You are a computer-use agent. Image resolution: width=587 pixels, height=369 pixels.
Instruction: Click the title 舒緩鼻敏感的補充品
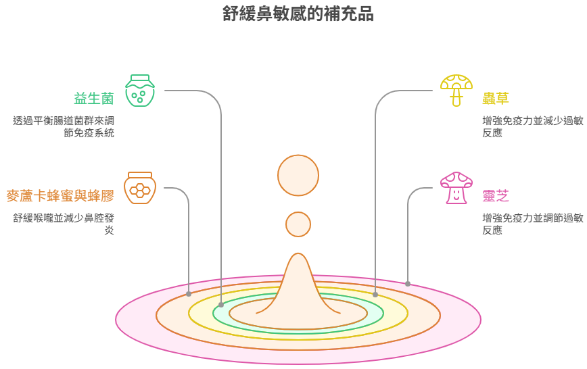click(298, 14)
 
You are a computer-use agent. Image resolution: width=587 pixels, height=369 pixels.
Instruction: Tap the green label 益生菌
click(93, 99)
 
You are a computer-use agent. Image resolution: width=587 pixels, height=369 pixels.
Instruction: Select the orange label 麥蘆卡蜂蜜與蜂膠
click(60, 196)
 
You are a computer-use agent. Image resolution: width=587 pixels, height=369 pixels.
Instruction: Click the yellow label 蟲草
click(495, 99)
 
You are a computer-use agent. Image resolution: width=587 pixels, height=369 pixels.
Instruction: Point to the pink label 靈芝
click(495, 196)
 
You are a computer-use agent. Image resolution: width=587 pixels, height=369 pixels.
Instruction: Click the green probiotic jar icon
click(139, 91)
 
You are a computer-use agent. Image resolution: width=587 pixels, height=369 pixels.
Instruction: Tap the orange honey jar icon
click(139, 188)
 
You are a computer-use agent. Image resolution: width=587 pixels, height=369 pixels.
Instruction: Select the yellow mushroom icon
click(456, 91)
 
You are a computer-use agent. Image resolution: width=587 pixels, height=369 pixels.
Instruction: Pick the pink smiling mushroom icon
click(456, 188)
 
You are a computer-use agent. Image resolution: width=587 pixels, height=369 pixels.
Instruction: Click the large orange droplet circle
click(298, 175)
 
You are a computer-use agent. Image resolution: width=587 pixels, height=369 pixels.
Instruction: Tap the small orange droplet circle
click(298, 224)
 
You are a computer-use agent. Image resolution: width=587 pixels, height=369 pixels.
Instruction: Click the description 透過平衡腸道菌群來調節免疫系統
click(64, 127)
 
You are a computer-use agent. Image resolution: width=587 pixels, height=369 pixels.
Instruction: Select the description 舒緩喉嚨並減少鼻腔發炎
click(64, 224)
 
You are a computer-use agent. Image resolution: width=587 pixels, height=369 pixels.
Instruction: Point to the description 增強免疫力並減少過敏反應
click(533, 127)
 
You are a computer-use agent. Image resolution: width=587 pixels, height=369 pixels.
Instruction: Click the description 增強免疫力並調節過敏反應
click(533, 224)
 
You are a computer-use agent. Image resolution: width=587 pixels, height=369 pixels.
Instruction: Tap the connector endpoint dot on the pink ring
click(408, 284)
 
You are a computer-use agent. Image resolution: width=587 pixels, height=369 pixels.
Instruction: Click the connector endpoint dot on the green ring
click(221, 305)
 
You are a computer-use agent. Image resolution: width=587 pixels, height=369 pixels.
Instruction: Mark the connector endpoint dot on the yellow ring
click(375, 295)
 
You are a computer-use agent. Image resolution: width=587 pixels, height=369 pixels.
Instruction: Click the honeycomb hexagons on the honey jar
click(139, 191)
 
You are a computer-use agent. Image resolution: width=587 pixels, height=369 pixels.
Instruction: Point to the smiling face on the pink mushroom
click(456, 195)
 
